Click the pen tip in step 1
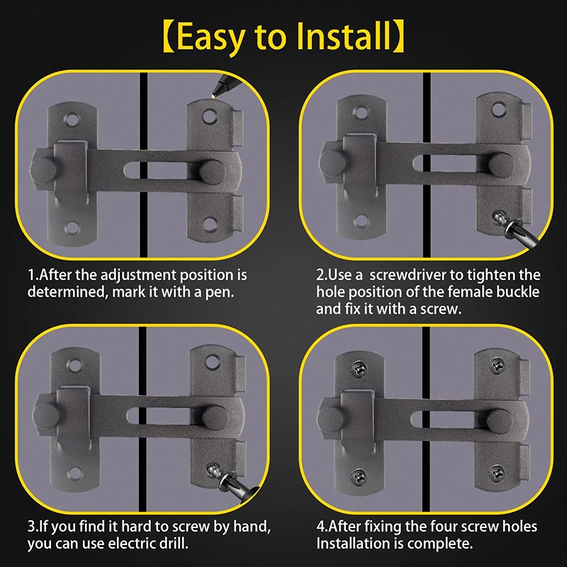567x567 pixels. point(213,96)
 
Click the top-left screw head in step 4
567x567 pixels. point(359,369)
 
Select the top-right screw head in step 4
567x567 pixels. point(497,365)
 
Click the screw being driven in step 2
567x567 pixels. point(499,218)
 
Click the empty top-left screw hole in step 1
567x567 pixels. point(72,119)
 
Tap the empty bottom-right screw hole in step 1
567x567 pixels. point(210,223)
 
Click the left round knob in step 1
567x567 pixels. point(43,170)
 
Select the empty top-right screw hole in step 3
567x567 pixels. point(213,361)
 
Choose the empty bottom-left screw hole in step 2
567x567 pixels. point(361,220)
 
